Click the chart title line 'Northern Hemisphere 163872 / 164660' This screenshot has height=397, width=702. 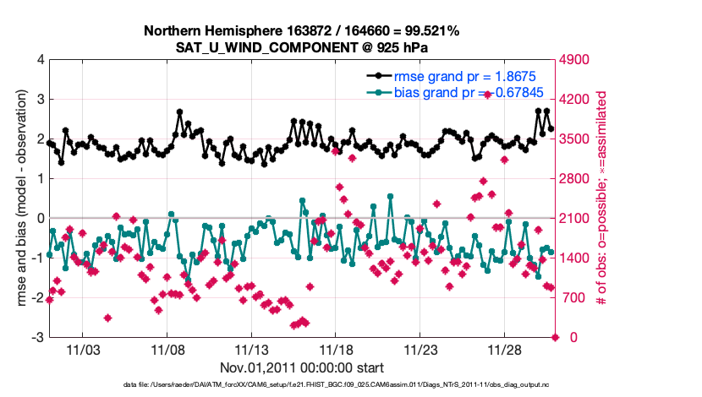(x=301, y=30)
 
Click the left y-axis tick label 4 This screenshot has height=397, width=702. (x=40, y=60)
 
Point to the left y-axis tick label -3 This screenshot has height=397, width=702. (x=37, y=338)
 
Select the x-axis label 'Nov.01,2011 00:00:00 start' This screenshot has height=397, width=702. (x=302, y=367)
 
